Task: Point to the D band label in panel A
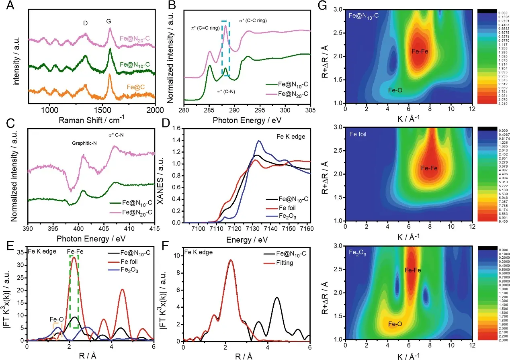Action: click(x=85, y=24)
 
